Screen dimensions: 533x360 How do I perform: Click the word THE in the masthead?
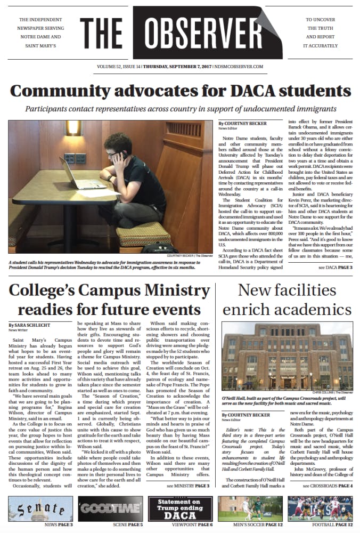tap(102, 35)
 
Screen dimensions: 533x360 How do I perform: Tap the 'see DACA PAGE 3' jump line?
tap(336, 267)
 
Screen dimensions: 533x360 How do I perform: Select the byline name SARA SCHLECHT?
tap(32, 325)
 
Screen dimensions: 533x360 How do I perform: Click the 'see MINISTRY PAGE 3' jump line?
tap(188, 487)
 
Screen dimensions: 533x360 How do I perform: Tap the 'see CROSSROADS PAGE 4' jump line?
tap(328, 487)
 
